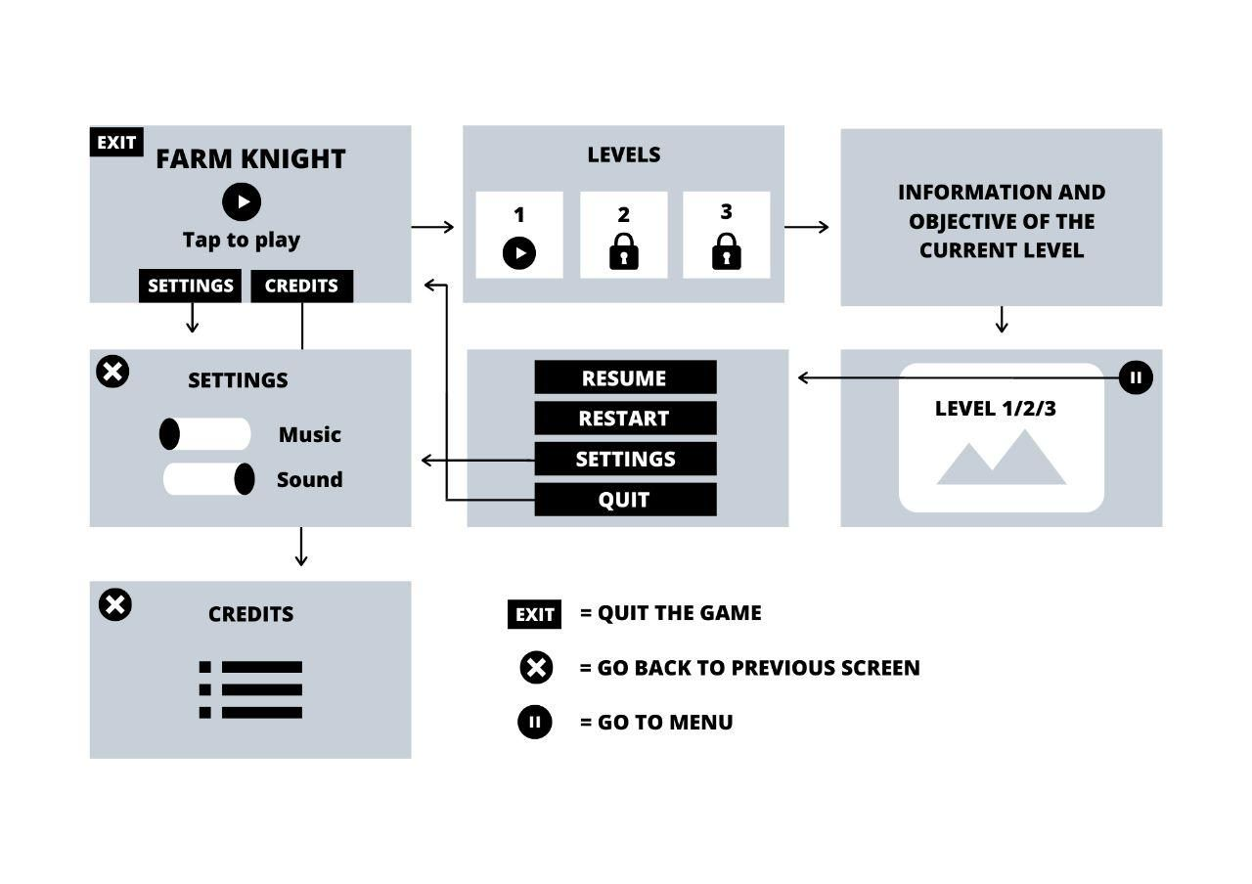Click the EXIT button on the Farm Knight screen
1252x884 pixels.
tap(116, 142)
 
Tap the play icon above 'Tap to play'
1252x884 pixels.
tap(242, 201)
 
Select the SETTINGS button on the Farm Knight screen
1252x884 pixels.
tap(190, 286)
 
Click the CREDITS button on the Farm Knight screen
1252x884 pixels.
tap(301, 286)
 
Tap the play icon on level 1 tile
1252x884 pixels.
tap(519, 253)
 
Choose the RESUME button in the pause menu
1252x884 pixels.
tap(624, 377)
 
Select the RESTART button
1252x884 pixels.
tap(624, 419)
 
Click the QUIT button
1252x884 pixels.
tap(624, 500)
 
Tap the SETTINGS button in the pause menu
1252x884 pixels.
tap(624, 459)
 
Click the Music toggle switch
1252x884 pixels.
tap(205, 434)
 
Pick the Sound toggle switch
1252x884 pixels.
tap(208, 479)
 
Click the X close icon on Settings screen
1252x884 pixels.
tap(112, 372)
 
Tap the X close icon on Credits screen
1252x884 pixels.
tap(115, 604)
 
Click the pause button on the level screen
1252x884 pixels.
tap(1136, 377)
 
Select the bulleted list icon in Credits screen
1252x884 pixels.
tap(250, 689)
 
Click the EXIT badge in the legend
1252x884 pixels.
tap(534, 614)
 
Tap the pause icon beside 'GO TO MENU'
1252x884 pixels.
tap(534, 723)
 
